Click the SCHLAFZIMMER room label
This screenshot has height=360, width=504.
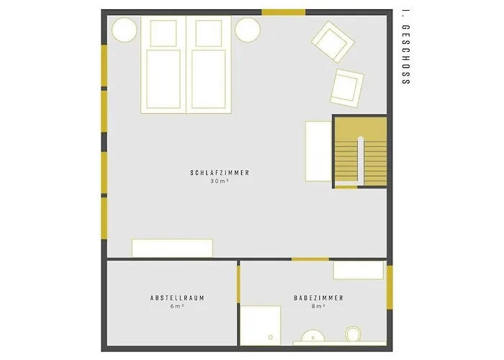click(220, 173)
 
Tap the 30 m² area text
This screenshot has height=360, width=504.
click(220, 181)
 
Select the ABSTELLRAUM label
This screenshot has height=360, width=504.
click(177, 298)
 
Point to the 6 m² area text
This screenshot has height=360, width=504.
click(177, 306)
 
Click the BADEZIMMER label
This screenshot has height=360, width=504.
click(319, 298)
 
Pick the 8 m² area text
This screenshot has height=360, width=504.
click(318, 306)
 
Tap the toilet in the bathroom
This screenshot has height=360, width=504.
click(354, 334)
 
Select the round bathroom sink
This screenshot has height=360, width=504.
click(312, 336)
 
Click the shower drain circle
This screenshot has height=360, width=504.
click(270, 337)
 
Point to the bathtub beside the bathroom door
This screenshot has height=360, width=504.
click(359, 270)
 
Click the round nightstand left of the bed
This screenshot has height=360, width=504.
click(125, 30)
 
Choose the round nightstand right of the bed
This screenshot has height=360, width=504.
click(247, 30)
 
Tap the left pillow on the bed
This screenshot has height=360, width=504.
click(163, 33)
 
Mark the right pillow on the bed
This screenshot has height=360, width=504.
click(209, 33)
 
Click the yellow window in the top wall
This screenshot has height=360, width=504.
click(283, 12)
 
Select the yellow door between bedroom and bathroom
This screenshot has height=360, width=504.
click(310, 259)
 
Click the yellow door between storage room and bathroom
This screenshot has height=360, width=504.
click(238, 284)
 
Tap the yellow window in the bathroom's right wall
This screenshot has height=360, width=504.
click(390, 287)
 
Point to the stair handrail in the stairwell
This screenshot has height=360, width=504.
click(360, 161)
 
